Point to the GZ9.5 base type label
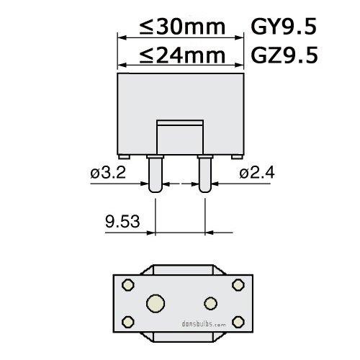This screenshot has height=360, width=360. (283, 55)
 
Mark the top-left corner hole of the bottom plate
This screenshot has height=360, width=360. (128, 286)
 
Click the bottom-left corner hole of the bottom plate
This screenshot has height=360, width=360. (128, 319)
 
